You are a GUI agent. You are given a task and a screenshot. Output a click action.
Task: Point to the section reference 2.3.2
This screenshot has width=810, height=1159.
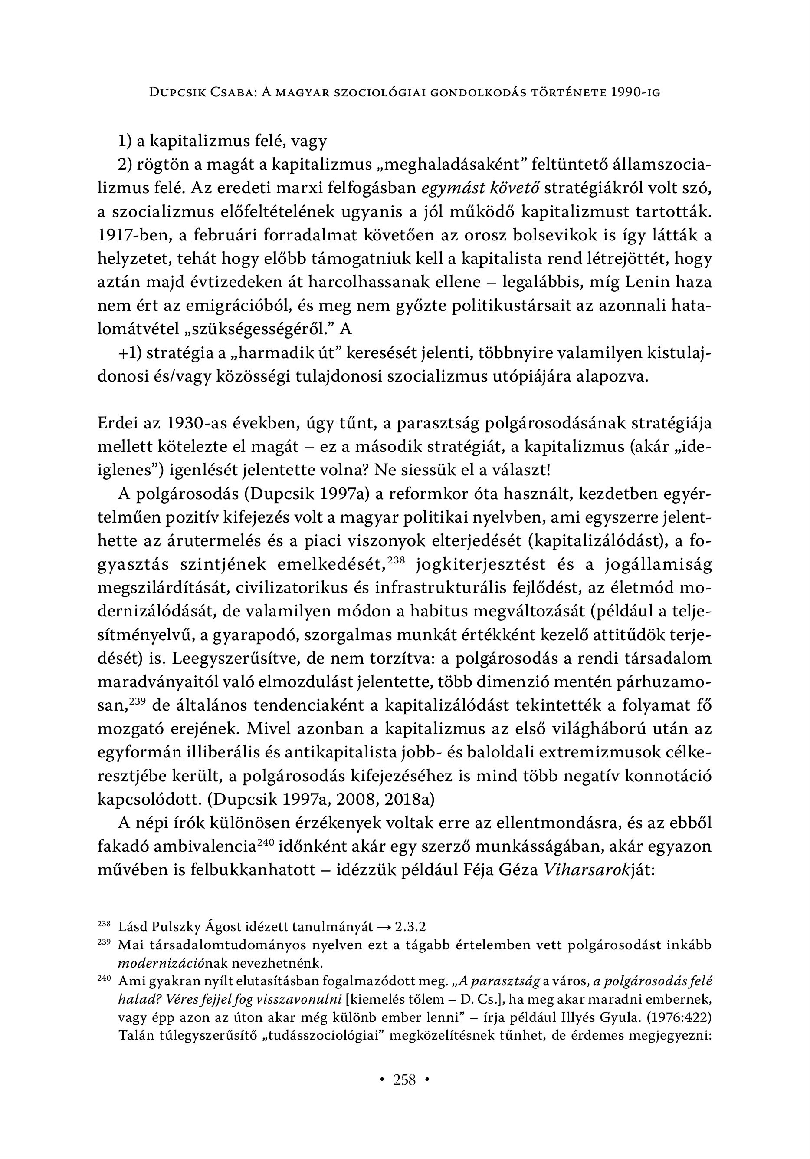[x=410, y=927]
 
